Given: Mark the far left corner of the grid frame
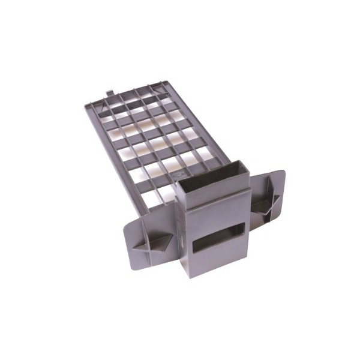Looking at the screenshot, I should click(x=86, y=108).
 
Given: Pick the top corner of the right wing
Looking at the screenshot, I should click(x=283, y=170).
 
